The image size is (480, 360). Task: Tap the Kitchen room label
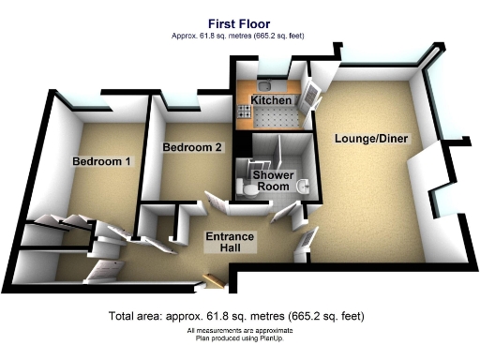click(x=270, y=99)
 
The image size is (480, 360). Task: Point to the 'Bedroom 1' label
click(x=101, y=161)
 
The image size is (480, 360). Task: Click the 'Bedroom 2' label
click(x=191, y=147)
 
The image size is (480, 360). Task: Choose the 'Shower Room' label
click(x=273, y=181)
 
